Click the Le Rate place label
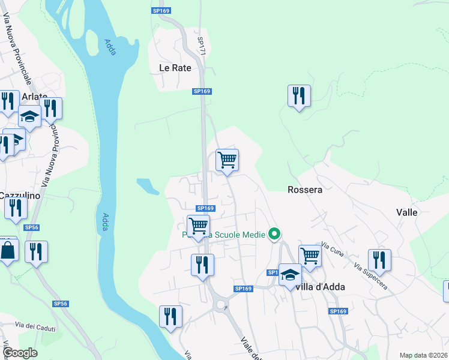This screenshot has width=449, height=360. pyautogui.click(x=175, y=68)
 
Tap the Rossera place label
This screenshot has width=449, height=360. pyautogui.click(x=305, y=190)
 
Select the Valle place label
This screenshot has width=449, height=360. pyautogui.click(x=406, y=212)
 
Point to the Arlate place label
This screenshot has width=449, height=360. pyautogui.click(x=34, y=97)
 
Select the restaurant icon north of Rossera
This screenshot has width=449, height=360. pyautogui.click(x=299, y=96)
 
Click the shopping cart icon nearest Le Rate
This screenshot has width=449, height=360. pyautogui.click(x=228, y=160)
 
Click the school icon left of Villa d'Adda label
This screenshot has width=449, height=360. pyautogui.click(x=290, y=275)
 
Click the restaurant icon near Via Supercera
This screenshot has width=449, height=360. pyautogui.click(x=379, y=260)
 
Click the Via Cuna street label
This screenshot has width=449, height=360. pyautogui.click(x=332, y=249)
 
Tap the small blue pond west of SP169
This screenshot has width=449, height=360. pyautogui.click(x=148, y=186)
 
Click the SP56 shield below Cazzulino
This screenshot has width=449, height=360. pyautogui.click(x=32, y=227)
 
